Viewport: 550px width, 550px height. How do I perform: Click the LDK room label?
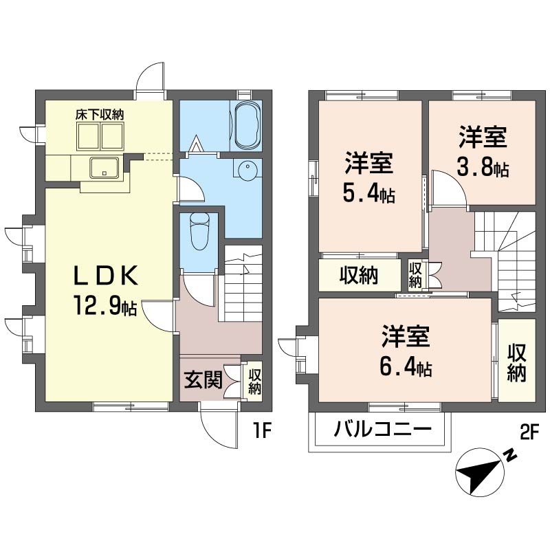(108, 276)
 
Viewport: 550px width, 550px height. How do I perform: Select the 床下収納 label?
(99, 115)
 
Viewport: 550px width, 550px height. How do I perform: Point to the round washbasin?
(246, 168)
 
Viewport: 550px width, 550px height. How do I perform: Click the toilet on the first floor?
(199, 230)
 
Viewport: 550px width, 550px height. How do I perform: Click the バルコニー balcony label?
(383, 430)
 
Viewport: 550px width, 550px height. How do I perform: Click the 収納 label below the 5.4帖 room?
(359, 275)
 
